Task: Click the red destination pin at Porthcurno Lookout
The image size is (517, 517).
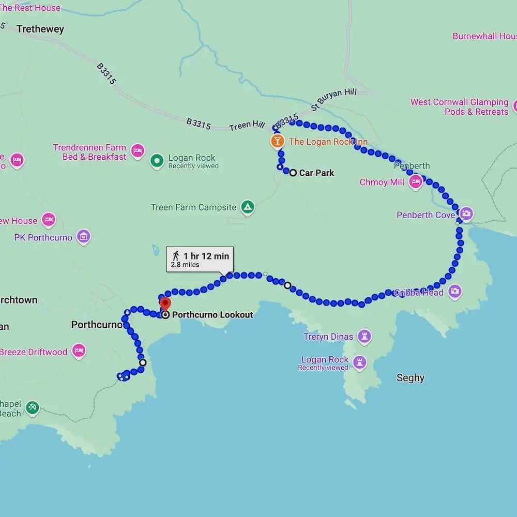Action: click(x=165, y=303)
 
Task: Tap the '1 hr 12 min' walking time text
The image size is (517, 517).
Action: click(x=206, y=255)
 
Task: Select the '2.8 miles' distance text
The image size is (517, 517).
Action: click(x=185, y=265)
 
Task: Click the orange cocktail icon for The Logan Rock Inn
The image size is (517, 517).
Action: click(x=277, y=141)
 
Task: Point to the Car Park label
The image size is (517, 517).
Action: click(x=316, y=173)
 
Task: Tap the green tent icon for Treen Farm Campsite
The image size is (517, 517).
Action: click(x=248, y=207)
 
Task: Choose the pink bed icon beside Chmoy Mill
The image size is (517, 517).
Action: click(x=416, y=182)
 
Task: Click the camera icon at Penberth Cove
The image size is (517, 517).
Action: click(x=466, y=214)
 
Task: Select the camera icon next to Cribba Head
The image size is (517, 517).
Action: click(x=454, y=292)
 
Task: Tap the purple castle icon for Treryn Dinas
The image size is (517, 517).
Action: click(x=364, y=337)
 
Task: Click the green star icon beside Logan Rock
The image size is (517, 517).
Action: click(x=157, y=161)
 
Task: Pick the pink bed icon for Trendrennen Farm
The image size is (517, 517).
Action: click(x=138, y=151)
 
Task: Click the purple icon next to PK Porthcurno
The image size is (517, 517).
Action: click(x=83, y=237)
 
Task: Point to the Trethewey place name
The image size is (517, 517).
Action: click(x=40, y=29)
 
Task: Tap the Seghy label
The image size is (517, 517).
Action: click(x=410, y=378)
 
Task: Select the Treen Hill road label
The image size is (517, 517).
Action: click(x=247, y=125)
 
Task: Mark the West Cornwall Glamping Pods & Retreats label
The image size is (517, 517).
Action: click(x=459, y=107)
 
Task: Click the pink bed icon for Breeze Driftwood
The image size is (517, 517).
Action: click(x=79, y=351)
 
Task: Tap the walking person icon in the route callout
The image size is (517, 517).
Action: click(x=176, y=255)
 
